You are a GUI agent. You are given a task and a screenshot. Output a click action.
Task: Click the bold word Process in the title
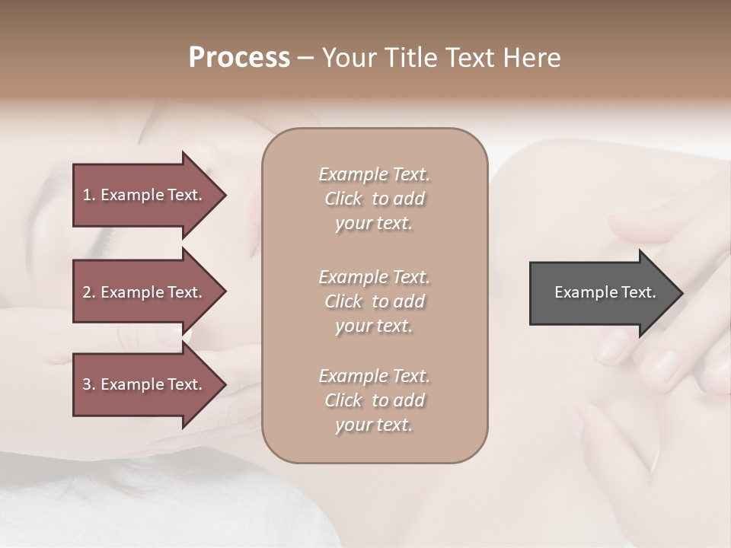(x=239, y=58)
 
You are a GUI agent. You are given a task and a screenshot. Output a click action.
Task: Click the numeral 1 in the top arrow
(x=86, y=195)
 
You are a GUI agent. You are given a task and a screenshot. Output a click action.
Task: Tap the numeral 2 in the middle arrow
(x=87, y=292)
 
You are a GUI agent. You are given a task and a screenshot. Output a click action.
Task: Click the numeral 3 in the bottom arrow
(x=87, y=384)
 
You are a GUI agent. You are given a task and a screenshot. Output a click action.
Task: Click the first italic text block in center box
(x=375, y=199)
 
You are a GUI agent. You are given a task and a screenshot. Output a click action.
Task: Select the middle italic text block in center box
(x=375, y=301)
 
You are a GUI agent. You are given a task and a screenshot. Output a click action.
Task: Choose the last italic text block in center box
(x=375, y=400)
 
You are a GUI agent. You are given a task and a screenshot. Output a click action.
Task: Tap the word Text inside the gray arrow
(x=639, y=292)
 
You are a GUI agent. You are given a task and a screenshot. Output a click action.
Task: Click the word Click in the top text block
(x=343, y=199)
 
